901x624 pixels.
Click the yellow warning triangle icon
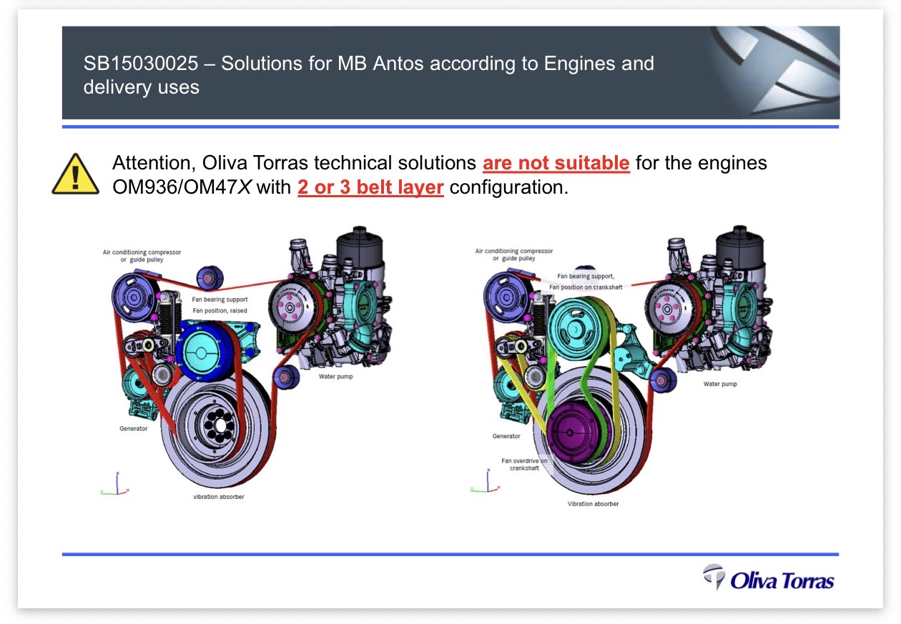point(75,174)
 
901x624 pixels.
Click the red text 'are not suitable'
point(556,163)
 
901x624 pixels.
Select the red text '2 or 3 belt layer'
point(370,187)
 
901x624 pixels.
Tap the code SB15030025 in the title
point(141,63)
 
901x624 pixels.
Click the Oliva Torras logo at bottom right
point(768,578)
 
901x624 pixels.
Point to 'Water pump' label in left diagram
point(335,376)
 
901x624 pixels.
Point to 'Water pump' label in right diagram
point(720,384)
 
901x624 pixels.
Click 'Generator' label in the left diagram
point(133,429)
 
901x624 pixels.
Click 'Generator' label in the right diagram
point(506,436)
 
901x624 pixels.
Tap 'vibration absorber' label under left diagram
point(218,497)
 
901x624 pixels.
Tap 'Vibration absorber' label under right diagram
point(593,504)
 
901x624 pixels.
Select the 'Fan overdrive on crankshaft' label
point(524,465)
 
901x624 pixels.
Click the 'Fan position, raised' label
point(220,310)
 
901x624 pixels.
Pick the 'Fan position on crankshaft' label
point(586,287)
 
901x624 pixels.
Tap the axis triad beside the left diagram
point(115,484)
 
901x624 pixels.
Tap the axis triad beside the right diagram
point(486,481)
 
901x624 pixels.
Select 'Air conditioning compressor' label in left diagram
point(142,252)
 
